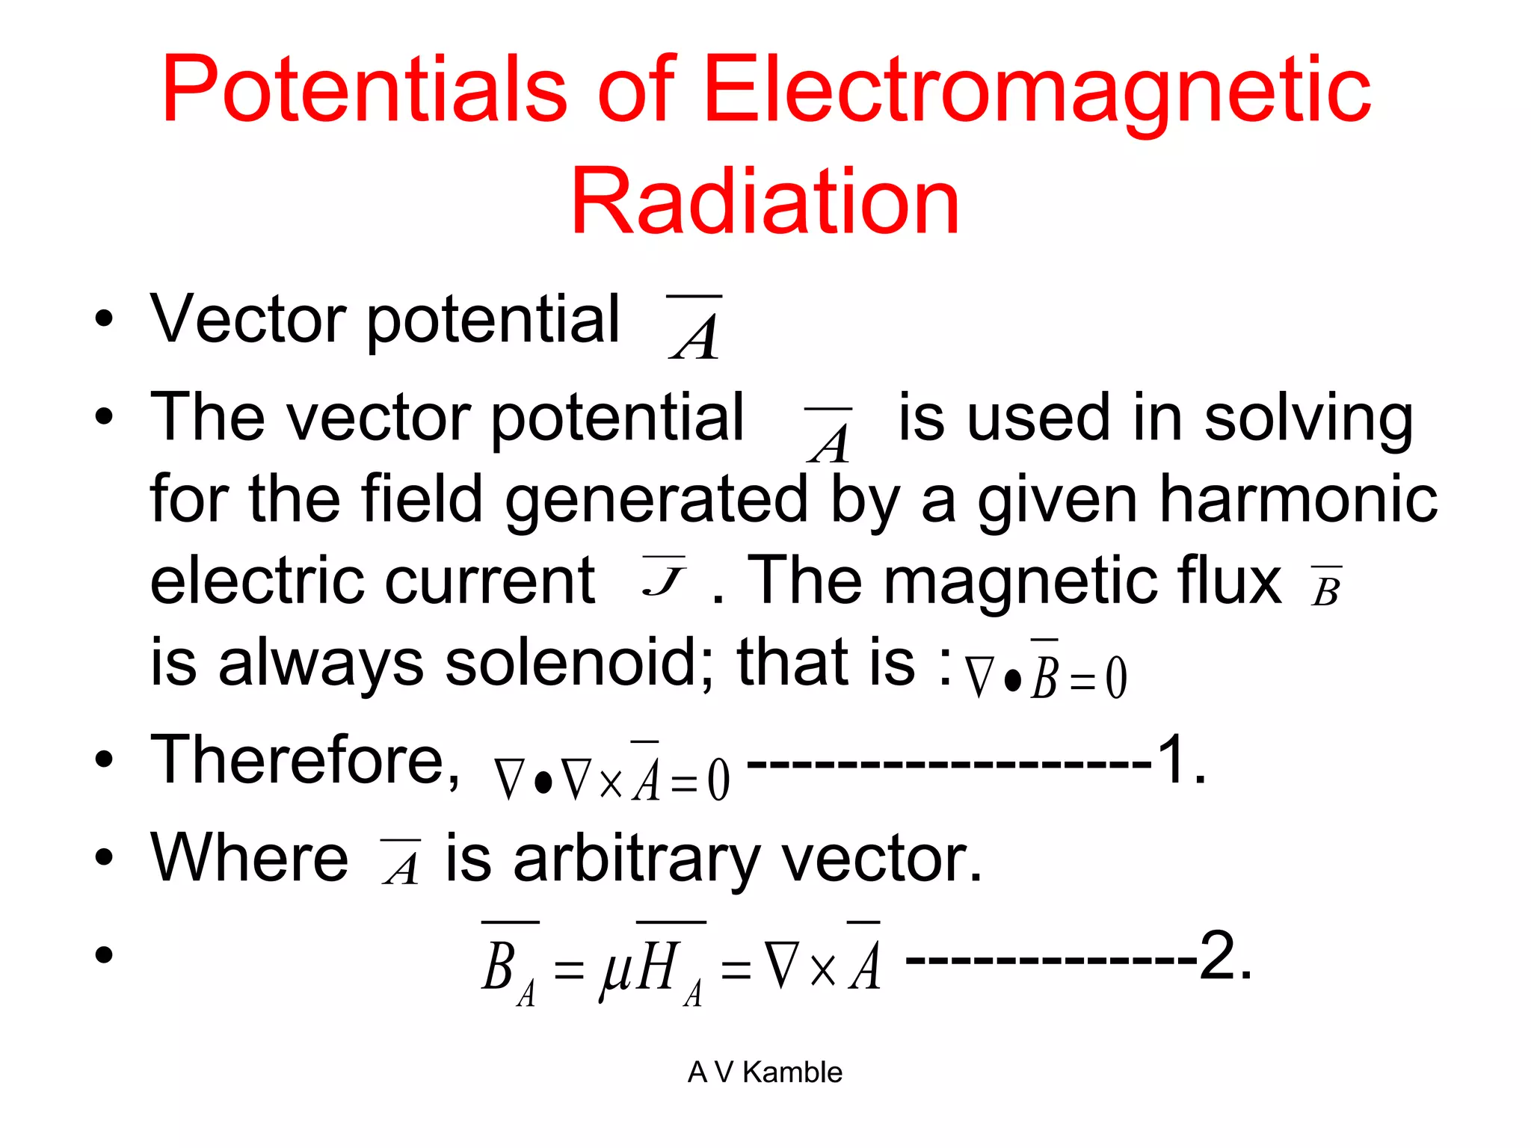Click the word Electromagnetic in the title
click(1038, 91)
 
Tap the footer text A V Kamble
click(765, 1072)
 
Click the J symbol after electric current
click(663, 578)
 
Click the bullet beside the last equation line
click(104, 954)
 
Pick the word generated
click(657, 499)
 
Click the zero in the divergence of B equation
click(1116, 678)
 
